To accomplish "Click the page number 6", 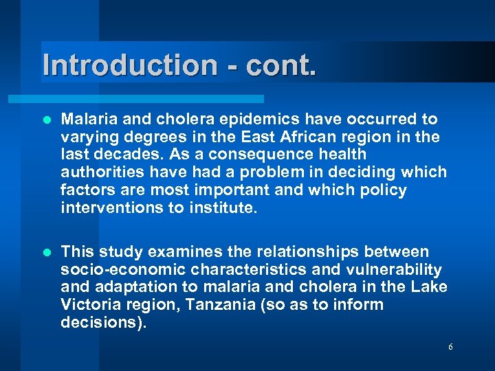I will point(450,347).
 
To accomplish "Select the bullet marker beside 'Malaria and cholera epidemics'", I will point(47,120).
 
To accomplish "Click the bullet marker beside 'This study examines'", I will point(47,252).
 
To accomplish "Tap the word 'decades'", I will point(123,155).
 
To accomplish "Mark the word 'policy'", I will point(381,190).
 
